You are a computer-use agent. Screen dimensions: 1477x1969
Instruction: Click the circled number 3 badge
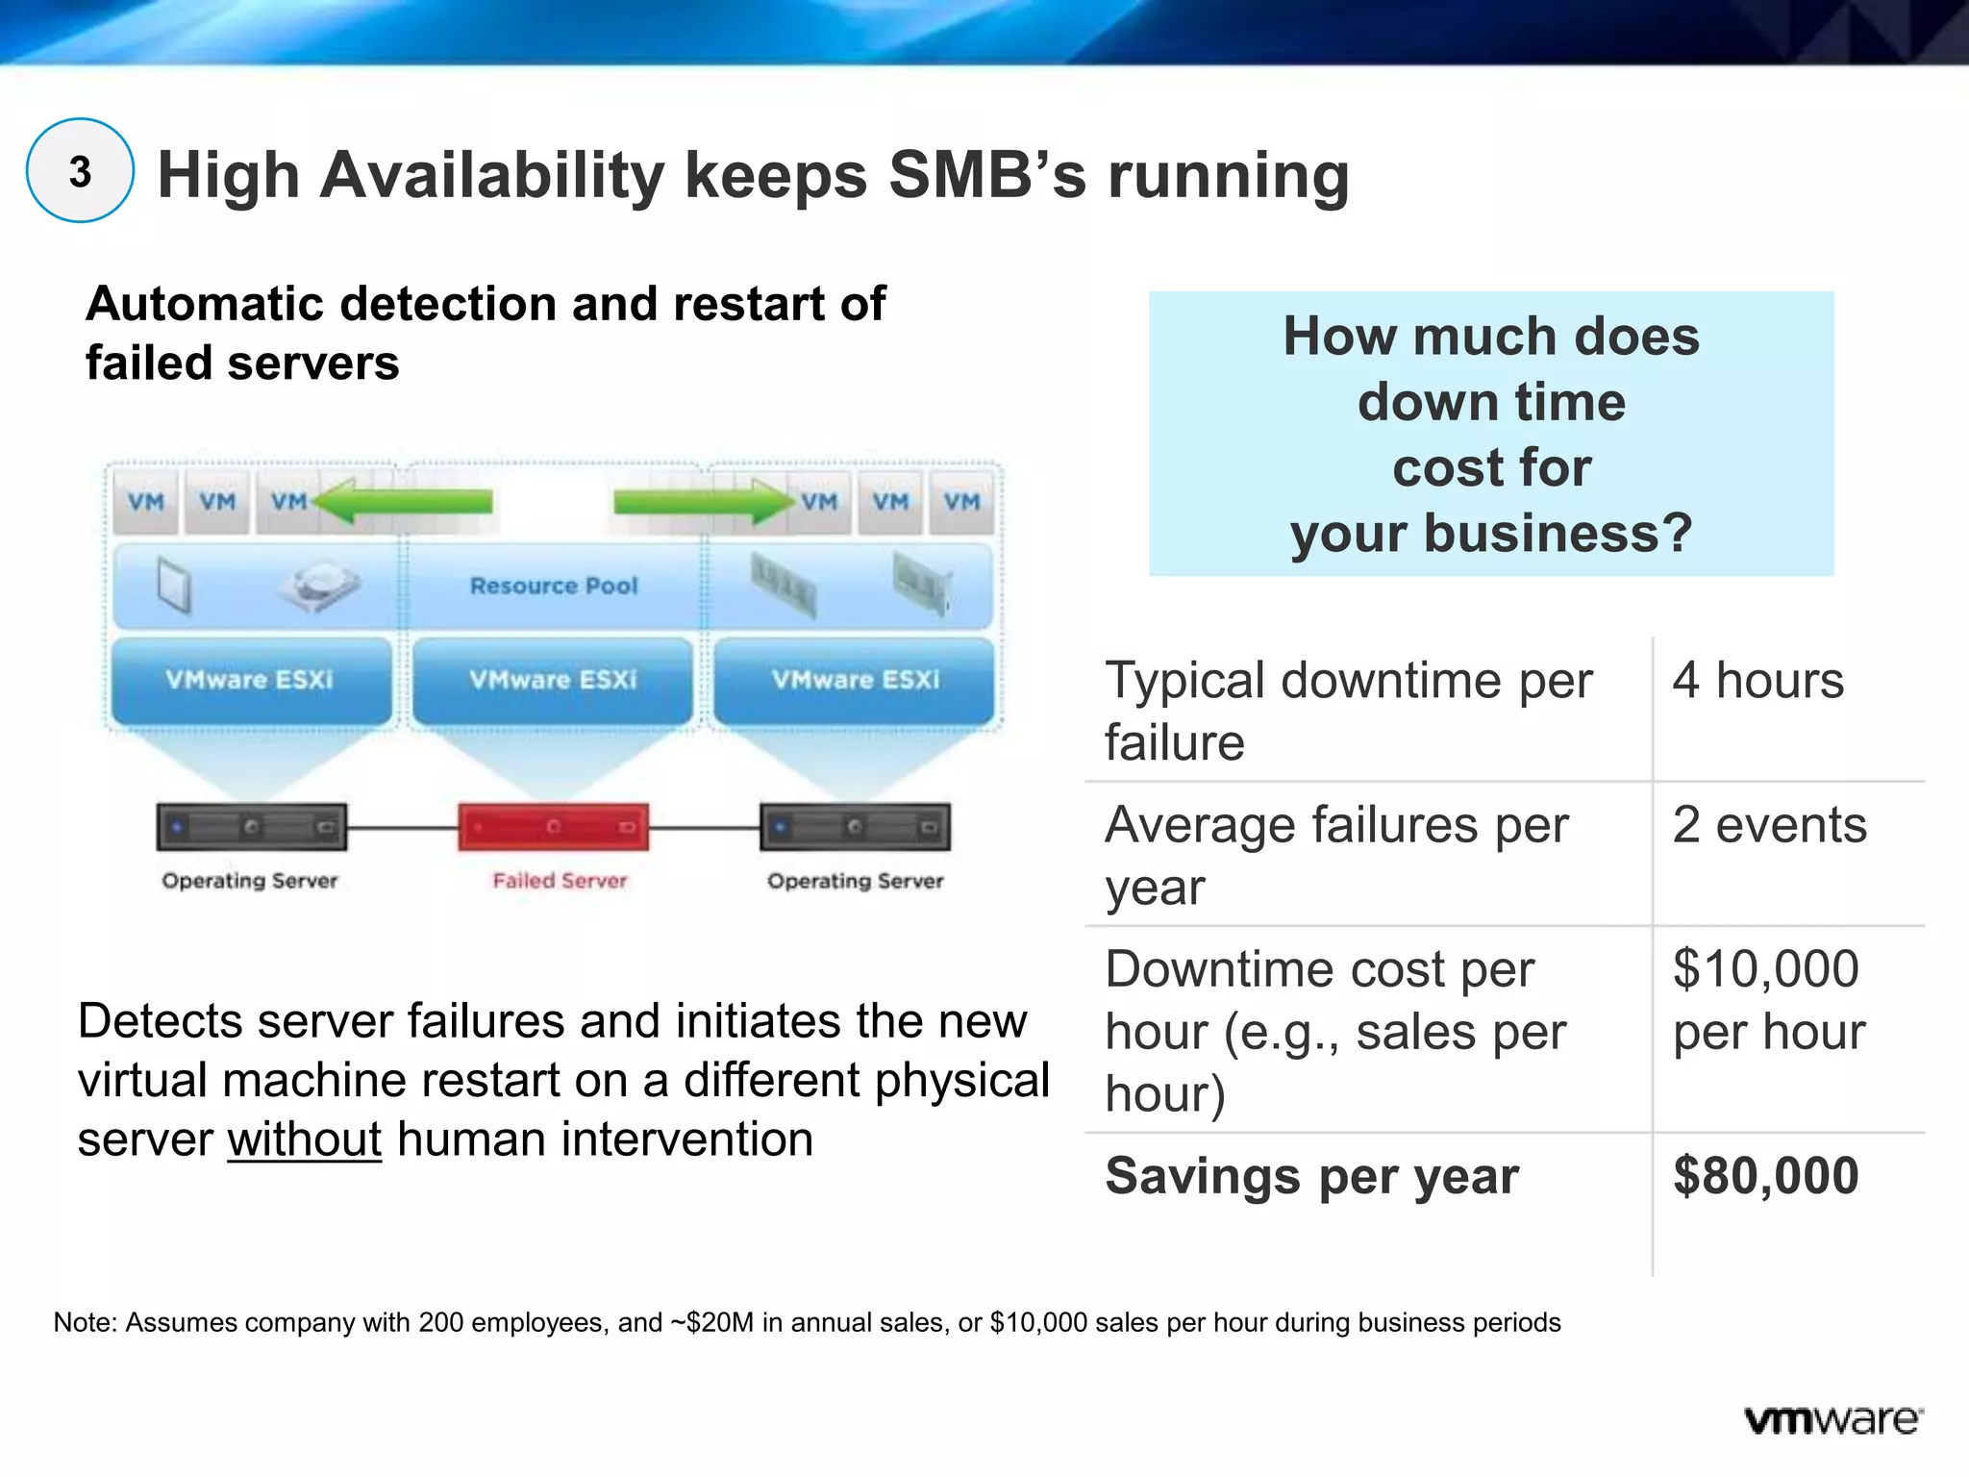(80, 171)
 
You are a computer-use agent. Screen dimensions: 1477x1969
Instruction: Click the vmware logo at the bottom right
(1832, 1419)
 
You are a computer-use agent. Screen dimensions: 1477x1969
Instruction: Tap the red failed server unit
(553, 826)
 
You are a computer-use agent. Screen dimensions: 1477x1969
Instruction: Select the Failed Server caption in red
(559, 880)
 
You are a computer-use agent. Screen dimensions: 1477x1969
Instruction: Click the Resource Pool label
(553, 586)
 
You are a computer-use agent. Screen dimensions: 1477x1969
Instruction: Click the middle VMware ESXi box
(553, 679)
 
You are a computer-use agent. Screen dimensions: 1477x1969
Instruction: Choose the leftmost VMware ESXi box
(250, 679)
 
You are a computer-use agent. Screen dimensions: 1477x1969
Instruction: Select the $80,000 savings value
(1765, 1175)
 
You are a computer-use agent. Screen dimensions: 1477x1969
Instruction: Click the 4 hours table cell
(1757, 680)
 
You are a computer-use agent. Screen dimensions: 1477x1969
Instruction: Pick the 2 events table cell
(1769, 824)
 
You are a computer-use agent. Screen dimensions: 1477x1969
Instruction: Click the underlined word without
(304, 1139)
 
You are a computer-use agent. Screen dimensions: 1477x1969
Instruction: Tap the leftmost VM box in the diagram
(146, 501)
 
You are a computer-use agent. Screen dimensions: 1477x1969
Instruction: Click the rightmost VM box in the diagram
(961, 501)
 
